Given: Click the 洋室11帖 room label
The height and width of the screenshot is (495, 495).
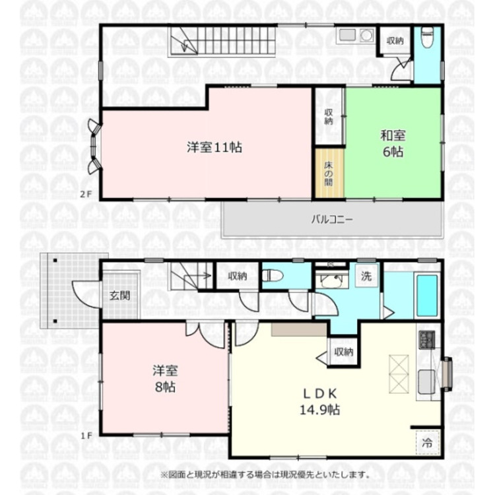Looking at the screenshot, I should (213, 148).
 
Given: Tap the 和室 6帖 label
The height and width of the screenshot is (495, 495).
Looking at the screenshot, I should (393, 143).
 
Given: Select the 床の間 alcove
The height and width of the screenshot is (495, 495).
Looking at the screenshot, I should (329, 174).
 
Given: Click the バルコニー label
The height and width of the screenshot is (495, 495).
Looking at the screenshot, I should (331, 219).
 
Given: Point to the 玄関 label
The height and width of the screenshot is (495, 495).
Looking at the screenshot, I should (119, 295).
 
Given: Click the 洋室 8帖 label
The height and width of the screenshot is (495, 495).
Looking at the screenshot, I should (164, 379).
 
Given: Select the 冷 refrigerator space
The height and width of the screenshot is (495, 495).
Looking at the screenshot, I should (427, 444).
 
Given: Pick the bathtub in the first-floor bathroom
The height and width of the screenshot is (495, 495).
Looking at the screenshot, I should (427, 296).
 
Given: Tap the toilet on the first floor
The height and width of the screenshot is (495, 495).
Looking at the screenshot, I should (273, 276).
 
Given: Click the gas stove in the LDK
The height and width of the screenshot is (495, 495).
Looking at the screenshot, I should (426, 340).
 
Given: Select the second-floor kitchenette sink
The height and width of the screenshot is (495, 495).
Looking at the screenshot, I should (348, 36).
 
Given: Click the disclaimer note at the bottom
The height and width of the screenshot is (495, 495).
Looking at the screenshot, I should (265, 474).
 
